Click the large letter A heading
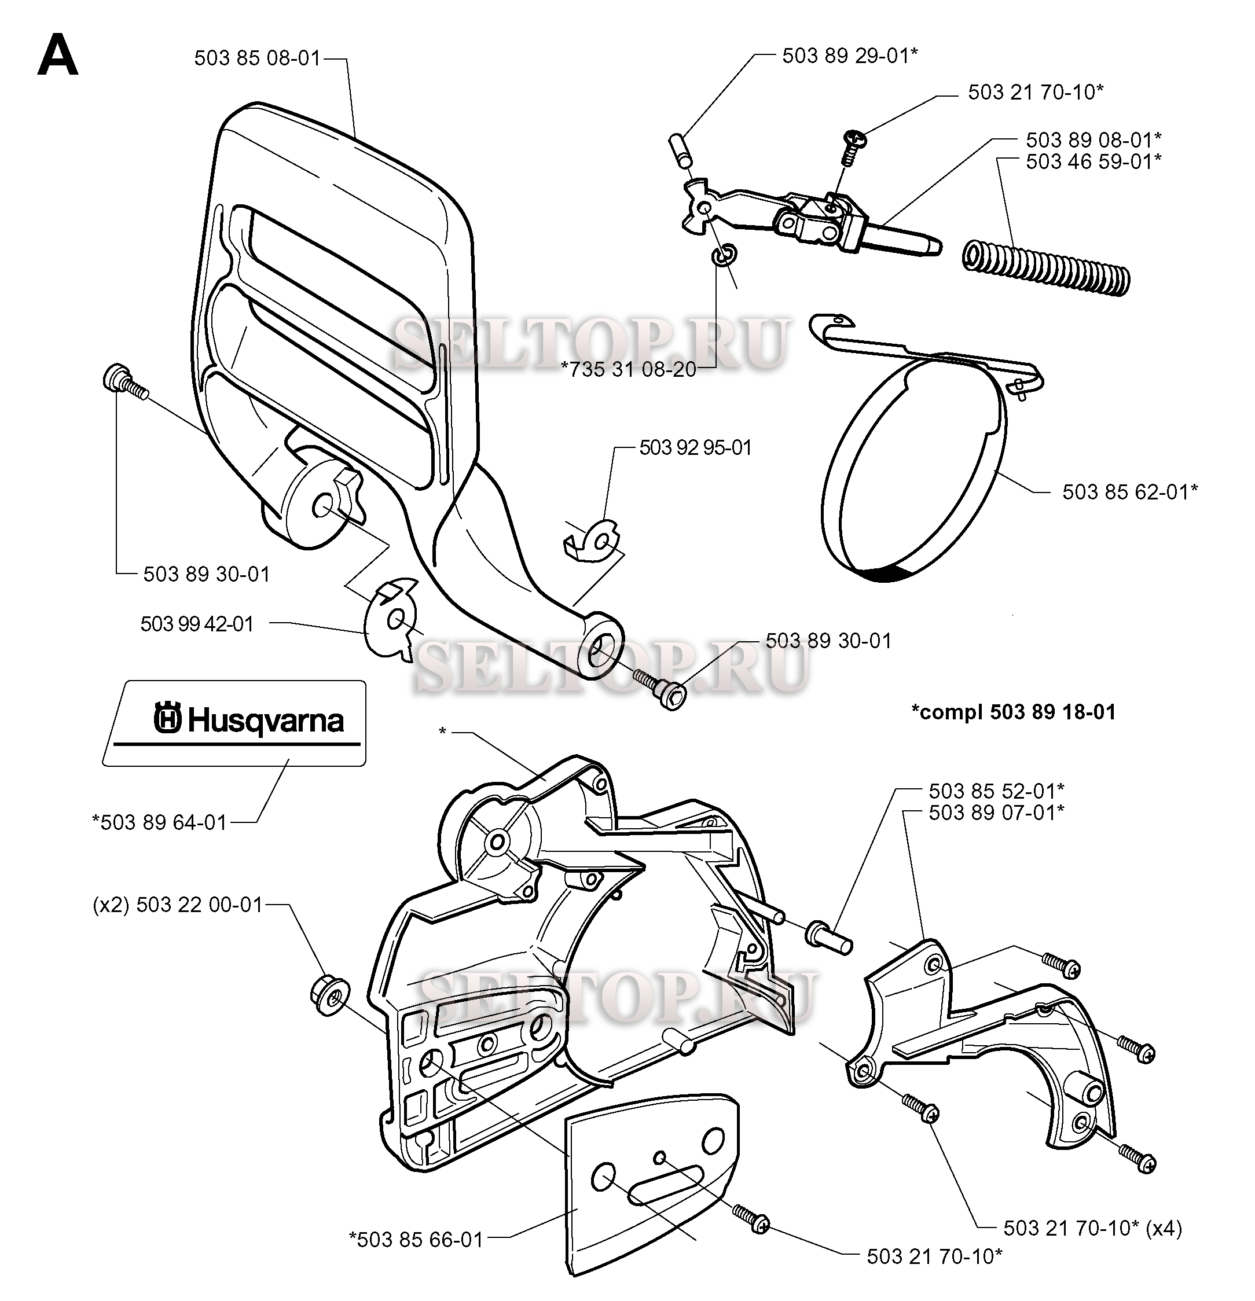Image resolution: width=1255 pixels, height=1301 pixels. pos(58,56)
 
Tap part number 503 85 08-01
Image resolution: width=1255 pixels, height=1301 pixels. pos(257,58)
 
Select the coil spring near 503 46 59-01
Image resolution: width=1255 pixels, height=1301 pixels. pos(1046,268)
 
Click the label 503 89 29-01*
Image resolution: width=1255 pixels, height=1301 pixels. pos(849,56)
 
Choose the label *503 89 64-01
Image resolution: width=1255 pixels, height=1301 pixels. pos(159,822)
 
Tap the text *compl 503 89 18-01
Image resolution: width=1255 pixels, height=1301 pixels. pos(1013,712)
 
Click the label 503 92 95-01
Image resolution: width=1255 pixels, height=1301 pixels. pos(695,448)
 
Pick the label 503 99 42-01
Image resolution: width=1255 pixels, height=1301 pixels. pos(197,624)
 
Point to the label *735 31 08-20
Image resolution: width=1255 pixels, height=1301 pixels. pos(628,370)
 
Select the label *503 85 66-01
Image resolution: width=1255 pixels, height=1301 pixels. pos(416,1239)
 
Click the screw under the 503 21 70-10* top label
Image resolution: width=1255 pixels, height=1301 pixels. pos(853,148)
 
